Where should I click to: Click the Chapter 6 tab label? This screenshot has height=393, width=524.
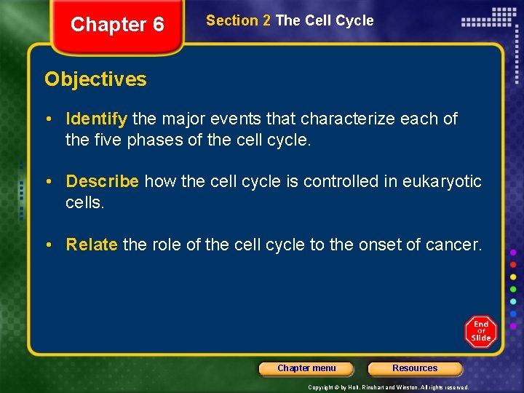pyautogui.click(x=117, y=25)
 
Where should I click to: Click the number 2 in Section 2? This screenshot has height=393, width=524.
pyautogui.click(x=266, y=21)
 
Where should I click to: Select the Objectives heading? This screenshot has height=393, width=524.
pyautogui.click(x=95, y=79)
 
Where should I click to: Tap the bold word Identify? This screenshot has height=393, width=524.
pyautogui.click(x=96, y=119)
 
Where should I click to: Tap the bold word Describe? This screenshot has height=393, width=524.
pyautogui.click(x=102, y=181)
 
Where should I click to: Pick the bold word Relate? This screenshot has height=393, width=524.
pyautogui.click(x=92, y=245)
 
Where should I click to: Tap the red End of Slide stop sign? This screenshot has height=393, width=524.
pyautogui.click(x=480, y=332)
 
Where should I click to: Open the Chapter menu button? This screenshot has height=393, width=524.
pyautogui.click(x=306, y=368)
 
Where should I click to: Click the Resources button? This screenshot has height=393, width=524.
pyautogui.click(x=415, y=368)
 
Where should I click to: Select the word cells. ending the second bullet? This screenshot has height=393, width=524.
pyautogui.click(x=85, y=202)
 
